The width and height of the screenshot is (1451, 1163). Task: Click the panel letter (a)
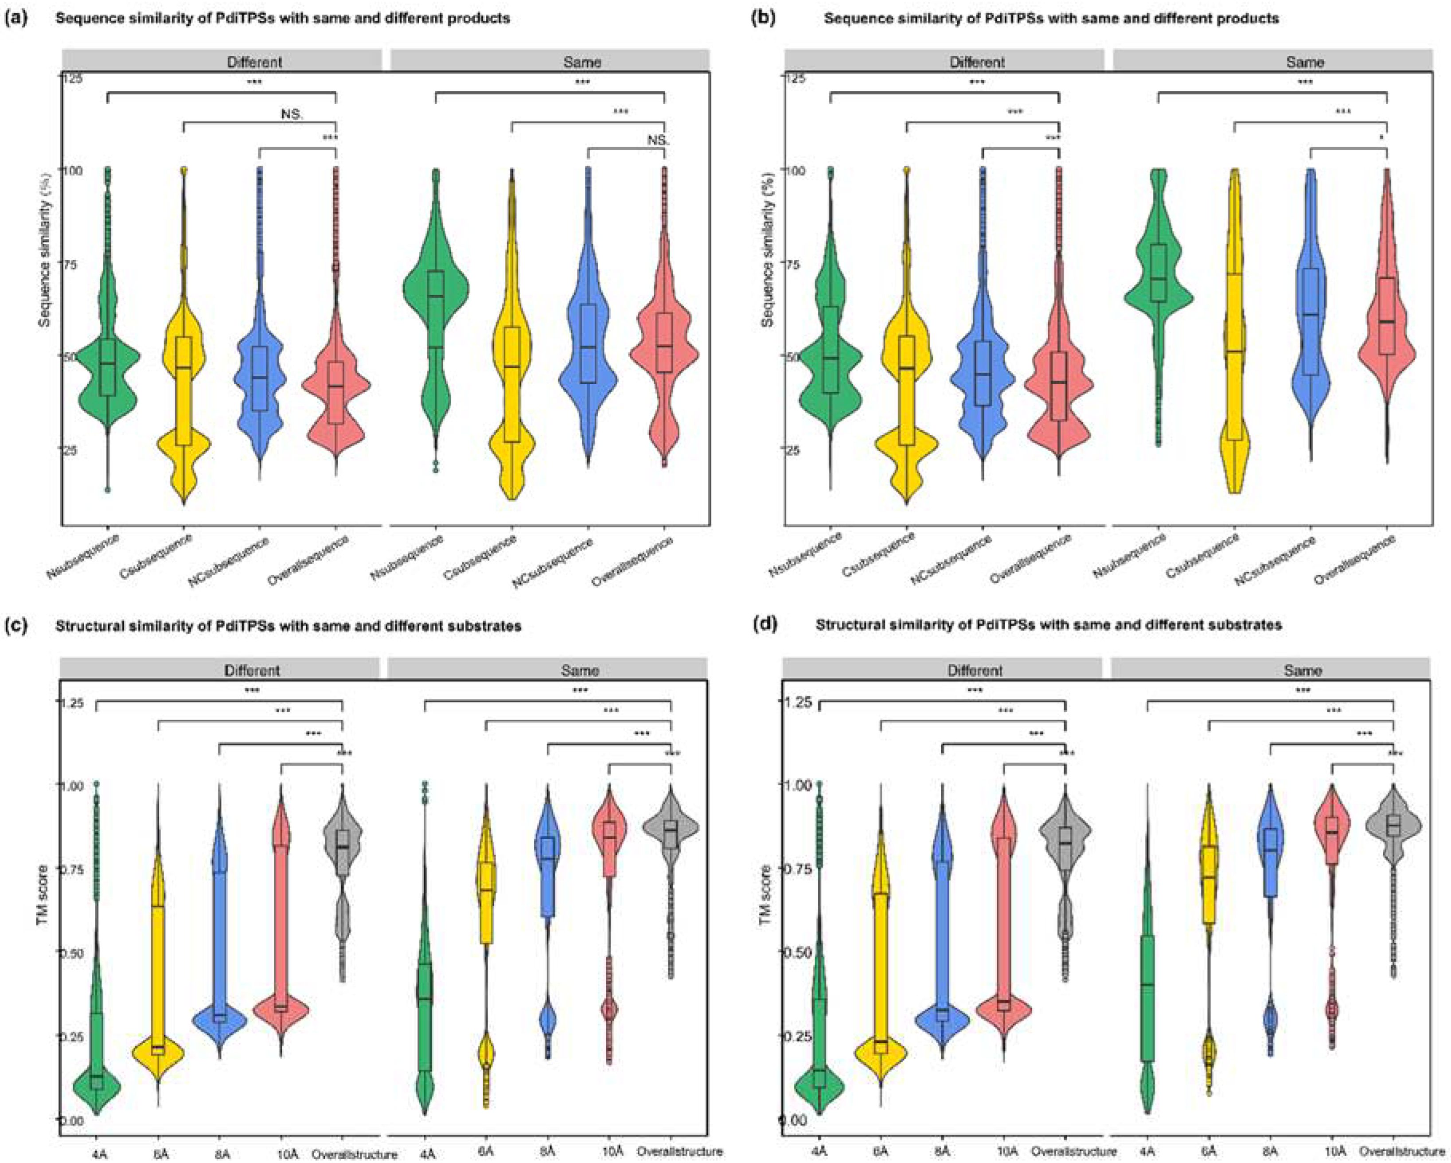point(16,18)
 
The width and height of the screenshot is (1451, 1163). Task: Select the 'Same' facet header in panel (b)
point(1304,62)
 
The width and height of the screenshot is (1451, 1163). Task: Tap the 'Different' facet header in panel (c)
point(252,670)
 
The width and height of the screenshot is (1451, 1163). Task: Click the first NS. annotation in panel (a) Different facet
point(292,114)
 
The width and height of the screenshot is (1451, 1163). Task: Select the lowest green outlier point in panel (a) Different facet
point(107,489)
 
